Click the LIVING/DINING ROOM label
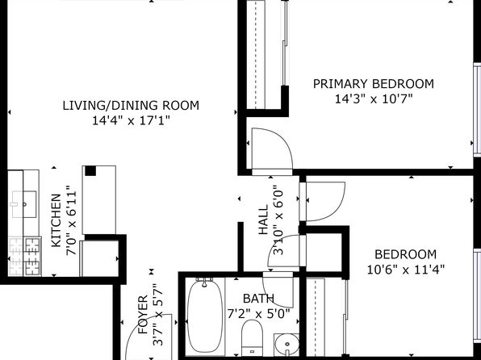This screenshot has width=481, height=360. coord(131,106)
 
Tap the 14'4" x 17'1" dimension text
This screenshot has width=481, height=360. coord(131,120)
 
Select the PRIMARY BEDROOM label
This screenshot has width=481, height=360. coord(374,84)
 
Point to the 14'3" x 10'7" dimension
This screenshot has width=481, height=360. coord(374,99)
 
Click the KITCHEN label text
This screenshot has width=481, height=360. coord(56,220)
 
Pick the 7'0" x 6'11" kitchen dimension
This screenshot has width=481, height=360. coord(71,220)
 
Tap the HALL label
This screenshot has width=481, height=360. coord(263,220)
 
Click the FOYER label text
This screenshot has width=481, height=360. coord(143,315)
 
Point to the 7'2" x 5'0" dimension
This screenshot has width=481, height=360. coord(258,314)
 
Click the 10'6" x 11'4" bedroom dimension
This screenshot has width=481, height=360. coord(405,270)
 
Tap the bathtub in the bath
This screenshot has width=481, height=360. coord(205,316)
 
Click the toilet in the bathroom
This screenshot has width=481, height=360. coord(252,337)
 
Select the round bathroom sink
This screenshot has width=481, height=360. coord(287,345)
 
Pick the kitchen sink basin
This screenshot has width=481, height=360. coord(24,204)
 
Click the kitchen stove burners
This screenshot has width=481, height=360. coord(25,256)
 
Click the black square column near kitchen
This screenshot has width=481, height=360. coord(90,171)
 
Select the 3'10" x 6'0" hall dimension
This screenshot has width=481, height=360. coord(278,220)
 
